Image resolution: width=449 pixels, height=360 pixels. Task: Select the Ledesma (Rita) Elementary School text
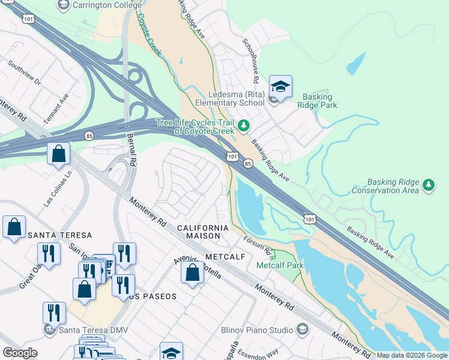tap(236, 98)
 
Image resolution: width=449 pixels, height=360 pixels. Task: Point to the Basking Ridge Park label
tap(320, 101)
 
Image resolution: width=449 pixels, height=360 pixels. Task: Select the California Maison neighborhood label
tap(202, 232)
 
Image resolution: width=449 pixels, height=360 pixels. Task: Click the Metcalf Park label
tap(280, 265)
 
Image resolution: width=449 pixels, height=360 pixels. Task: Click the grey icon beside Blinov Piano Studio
tap(303, 329)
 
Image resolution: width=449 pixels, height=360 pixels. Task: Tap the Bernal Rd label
tap(131, 150)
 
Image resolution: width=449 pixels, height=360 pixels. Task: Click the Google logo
tap(20, 352)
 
